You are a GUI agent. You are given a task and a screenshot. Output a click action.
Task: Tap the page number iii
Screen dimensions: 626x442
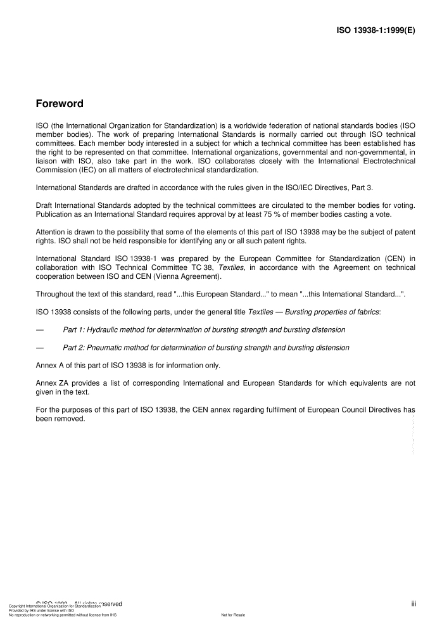[413, 604]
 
